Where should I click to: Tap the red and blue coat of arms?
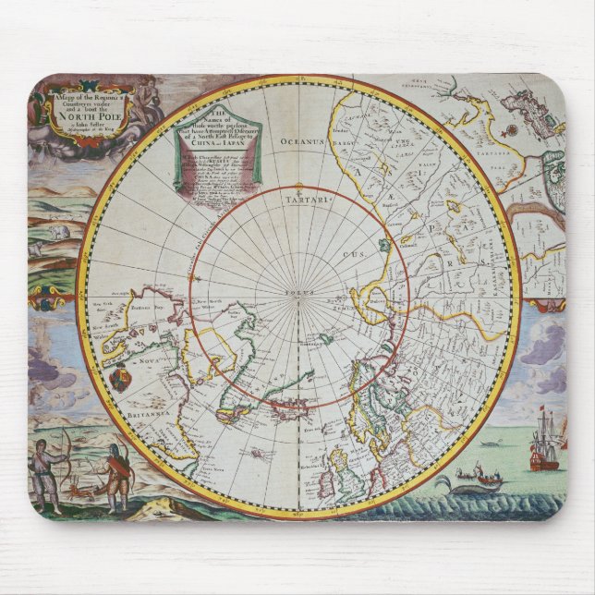(x=120, y=380)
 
